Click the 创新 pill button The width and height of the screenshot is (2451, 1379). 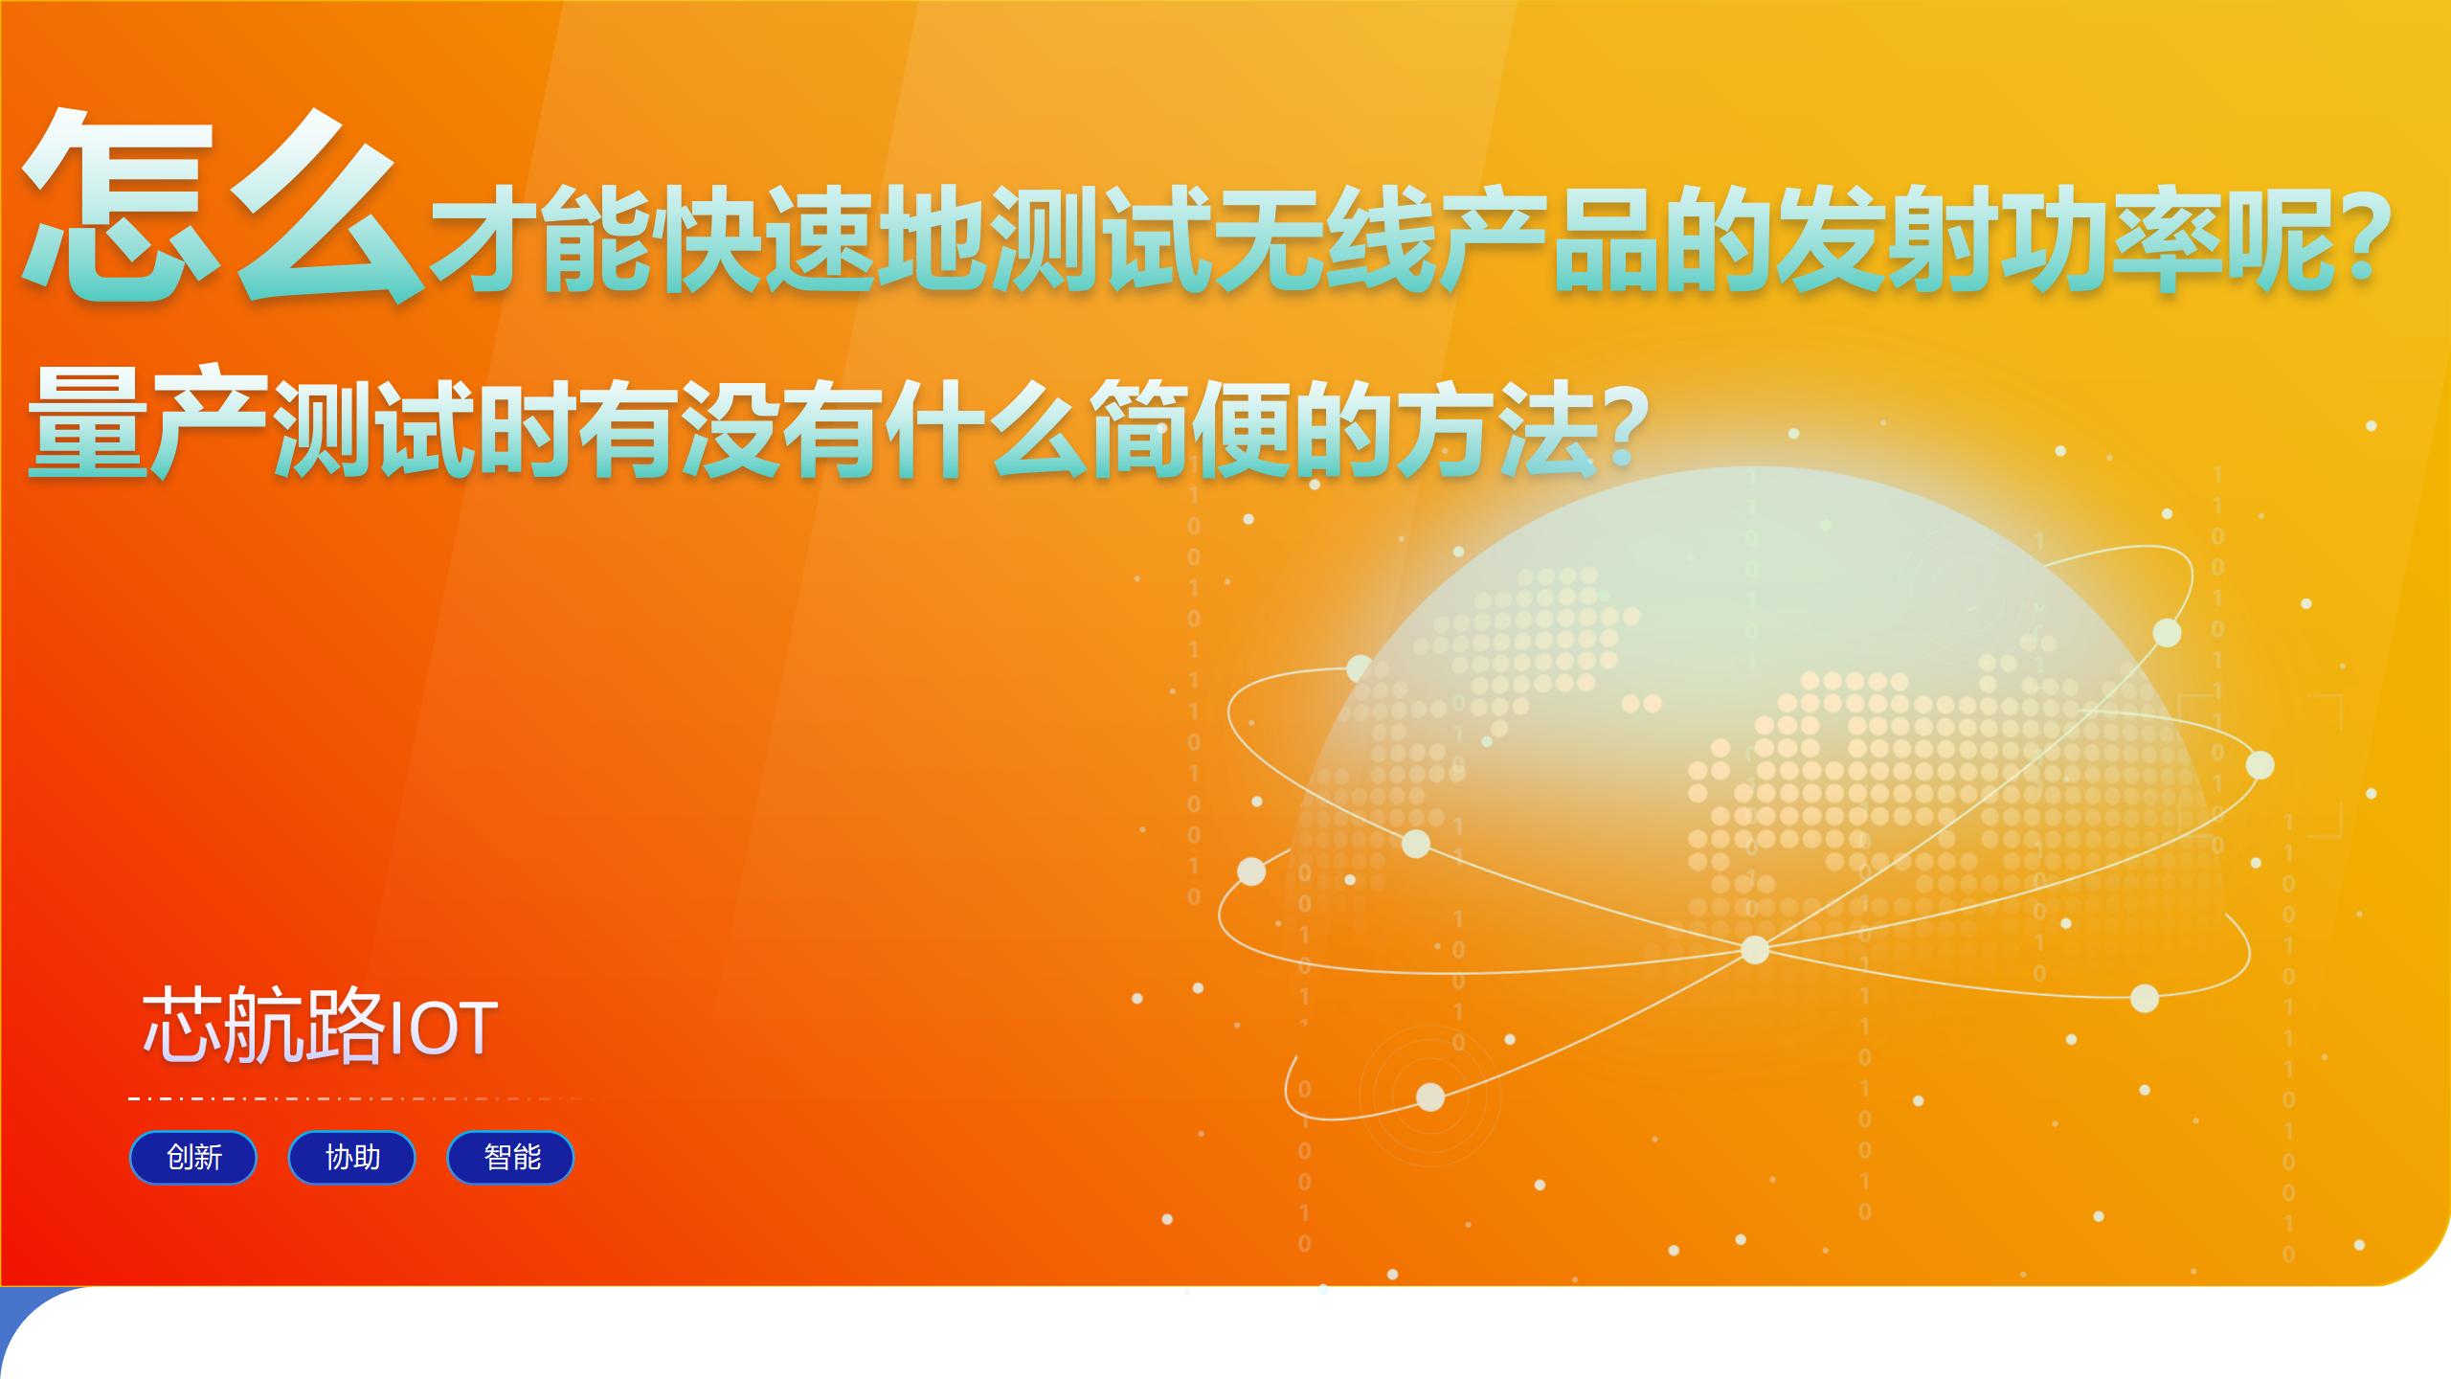193,1158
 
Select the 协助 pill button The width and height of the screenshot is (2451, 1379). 352,1158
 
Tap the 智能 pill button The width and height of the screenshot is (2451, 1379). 511,1158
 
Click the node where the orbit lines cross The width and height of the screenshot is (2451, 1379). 1754,949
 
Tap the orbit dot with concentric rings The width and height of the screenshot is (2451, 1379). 1430,1096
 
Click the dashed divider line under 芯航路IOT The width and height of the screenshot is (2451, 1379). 354,1098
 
